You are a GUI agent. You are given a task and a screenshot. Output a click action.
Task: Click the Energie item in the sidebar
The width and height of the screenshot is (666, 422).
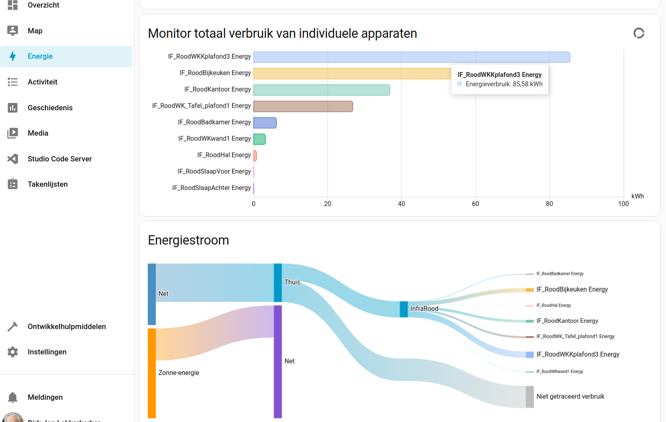click(x=40, y=56)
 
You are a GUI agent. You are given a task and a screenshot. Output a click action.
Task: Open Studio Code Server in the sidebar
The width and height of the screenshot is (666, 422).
click(x=60, y=159)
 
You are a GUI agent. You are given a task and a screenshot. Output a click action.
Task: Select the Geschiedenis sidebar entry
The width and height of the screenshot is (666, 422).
click(x=50, y=108)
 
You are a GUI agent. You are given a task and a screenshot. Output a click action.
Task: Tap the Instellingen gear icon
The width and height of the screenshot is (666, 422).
click(x=13, y=352)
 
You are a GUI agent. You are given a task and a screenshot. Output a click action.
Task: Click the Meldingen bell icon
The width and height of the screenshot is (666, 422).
click(x=13, y=397)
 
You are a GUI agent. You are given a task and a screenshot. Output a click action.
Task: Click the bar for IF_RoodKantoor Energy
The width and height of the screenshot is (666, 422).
click(x=321, y=90)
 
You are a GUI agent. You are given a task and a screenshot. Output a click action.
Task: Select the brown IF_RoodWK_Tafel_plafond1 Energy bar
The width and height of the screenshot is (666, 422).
click(x=303, y=106)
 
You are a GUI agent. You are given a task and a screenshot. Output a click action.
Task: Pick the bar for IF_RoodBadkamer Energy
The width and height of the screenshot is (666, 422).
click(x=265, y=123)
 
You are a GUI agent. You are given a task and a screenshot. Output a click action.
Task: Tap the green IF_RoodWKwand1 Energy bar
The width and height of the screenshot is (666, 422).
click(x=260, y=139)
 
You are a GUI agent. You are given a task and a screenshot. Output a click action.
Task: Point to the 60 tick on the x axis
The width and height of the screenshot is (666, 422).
click(x=475, y=204)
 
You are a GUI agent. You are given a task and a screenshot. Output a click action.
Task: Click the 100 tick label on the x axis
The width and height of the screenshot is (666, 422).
click(x=623, y=204)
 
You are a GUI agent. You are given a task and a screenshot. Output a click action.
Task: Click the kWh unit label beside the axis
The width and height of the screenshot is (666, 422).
click(x=638, y=196)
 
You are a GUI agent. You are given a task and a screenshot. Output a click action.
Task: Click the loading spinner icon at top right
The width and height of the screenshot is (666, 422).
click(x=639, y=33)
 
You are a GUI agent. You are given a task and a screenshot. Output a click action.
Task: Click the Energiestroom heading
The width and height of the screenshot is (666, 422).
click(x=188, y=240)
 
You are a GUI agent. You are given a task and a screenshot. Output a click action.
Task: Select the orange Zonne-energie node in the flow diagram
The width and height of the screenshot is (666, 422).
click(x=152, y=373)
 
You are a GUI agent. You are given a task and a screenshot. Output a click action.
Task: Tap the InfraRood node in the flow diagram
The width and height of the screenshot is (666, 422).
click(x=404, y=309)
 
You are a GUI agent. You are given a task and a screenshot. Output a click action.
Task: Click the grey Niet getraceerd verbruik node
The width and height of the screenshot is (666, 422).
click(x=530, y=397)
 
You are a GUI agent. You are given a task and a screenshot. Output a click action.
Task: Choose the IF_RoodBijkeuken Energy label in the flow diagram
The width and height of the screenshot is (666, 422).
click(x=572, y=289)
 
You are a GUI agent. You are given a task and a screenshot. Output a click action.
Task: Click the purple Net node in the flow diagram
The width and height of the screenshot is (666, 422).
click(x=278, y=361)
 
